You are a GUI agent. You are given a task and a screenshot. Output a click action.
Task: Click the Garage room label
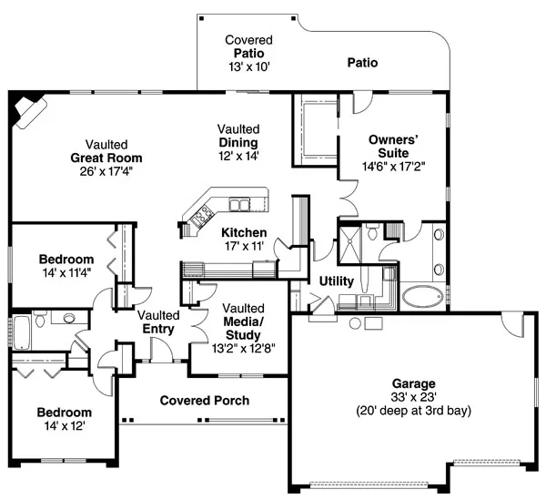[x=414, y=383]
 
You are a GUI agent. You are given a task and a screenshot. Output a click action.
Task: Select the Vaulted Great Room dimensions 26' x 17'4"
[x=106, y=170]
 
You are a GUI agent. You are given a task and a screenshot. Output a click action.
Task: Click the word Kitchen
[x=244, y=233]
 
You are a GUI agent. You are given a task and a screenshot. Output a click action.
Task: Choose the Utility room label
[x=337, y=282]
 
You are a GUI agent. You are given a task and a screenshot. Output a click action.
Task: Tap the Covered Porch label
[x=205, y=401]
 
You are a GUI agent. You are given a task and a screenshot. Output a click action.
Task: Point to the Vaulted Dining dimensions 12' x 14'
[x=238, y=156]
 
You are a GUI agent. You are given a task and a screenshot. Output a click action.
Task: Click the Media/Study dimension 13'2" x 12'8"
[x=243, y=347]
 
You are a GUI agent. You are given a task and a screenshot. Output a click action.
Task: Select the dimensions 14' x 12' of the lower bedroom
[x=65, y=425]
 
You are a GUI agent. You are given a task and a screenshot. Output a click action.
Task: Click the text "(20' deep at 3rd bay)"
[x=414, y=411]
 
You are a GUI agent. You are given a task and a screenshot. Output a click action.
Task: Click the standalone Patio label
[x=361, y=64]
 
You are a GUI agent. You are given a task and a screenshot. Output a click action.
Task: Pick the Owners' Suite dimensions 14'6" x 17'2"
[x=392, y=168]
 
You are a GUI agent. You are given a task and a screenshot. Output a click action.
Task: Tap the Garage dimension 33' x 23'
[x=414, y=397]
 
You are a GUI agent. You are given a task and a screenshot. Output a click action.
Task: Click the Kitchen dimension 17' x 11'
[x=244, y=246]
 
